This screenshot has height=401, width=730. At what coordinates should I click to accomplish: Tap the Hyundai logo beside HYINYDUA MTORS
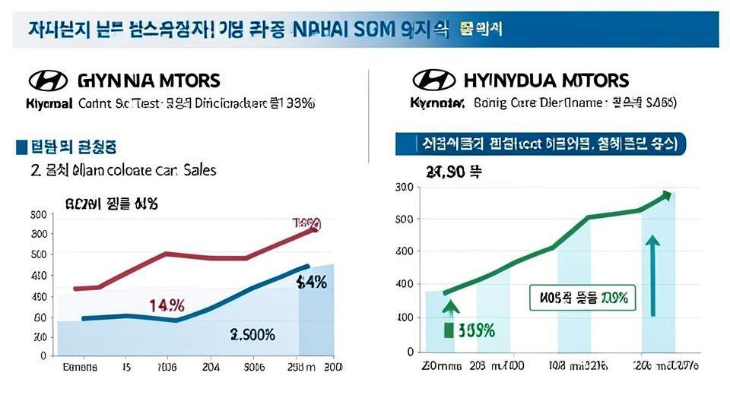tap(433, 81)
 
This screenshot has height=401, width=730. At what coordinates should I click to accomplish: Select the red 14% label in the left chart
tap(167, 305)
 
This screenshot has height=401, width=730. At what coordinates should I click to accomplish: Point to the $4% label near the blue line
tap(311, 283)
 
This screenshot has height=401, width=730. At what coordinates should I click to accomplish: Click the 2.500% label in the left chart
tap(252, 335)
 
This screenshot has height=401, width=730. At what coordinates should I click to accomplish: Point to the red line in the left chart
tap(190, 256)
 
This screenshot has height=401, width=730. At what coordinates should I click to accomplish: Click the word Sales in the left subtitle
tap(200, 170)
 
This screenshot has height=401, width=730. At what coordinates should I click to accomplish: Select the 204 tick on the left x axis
tap(211, 367)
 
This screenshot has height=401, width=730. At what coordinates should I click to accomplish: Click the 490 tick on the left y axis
tap(39, 297)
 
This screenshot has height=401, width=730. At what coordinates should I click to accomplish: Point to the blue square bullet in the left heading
tap(21, 147)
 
